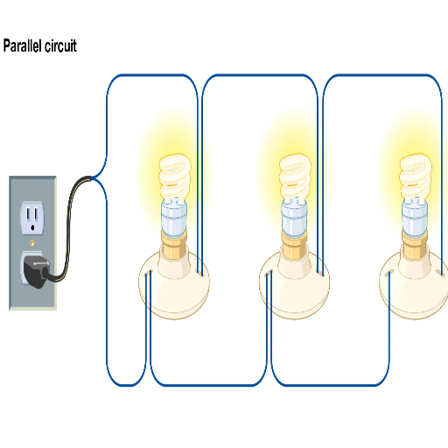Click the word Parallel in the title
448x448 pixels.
point(23,45)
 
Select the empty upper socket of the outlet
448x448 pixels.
point(32,218)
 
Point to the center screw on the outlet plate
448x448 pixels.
point(32,242)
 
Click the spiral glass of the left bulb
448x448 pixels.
point(175,177)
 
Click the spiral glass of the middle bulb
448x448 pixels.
point(295,177)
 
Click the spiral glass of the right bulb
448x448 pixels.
point(416,177)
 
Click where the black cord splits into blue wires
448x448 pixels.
point(92,178)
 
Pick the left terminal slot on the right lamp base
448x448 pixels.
point(389,274)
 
